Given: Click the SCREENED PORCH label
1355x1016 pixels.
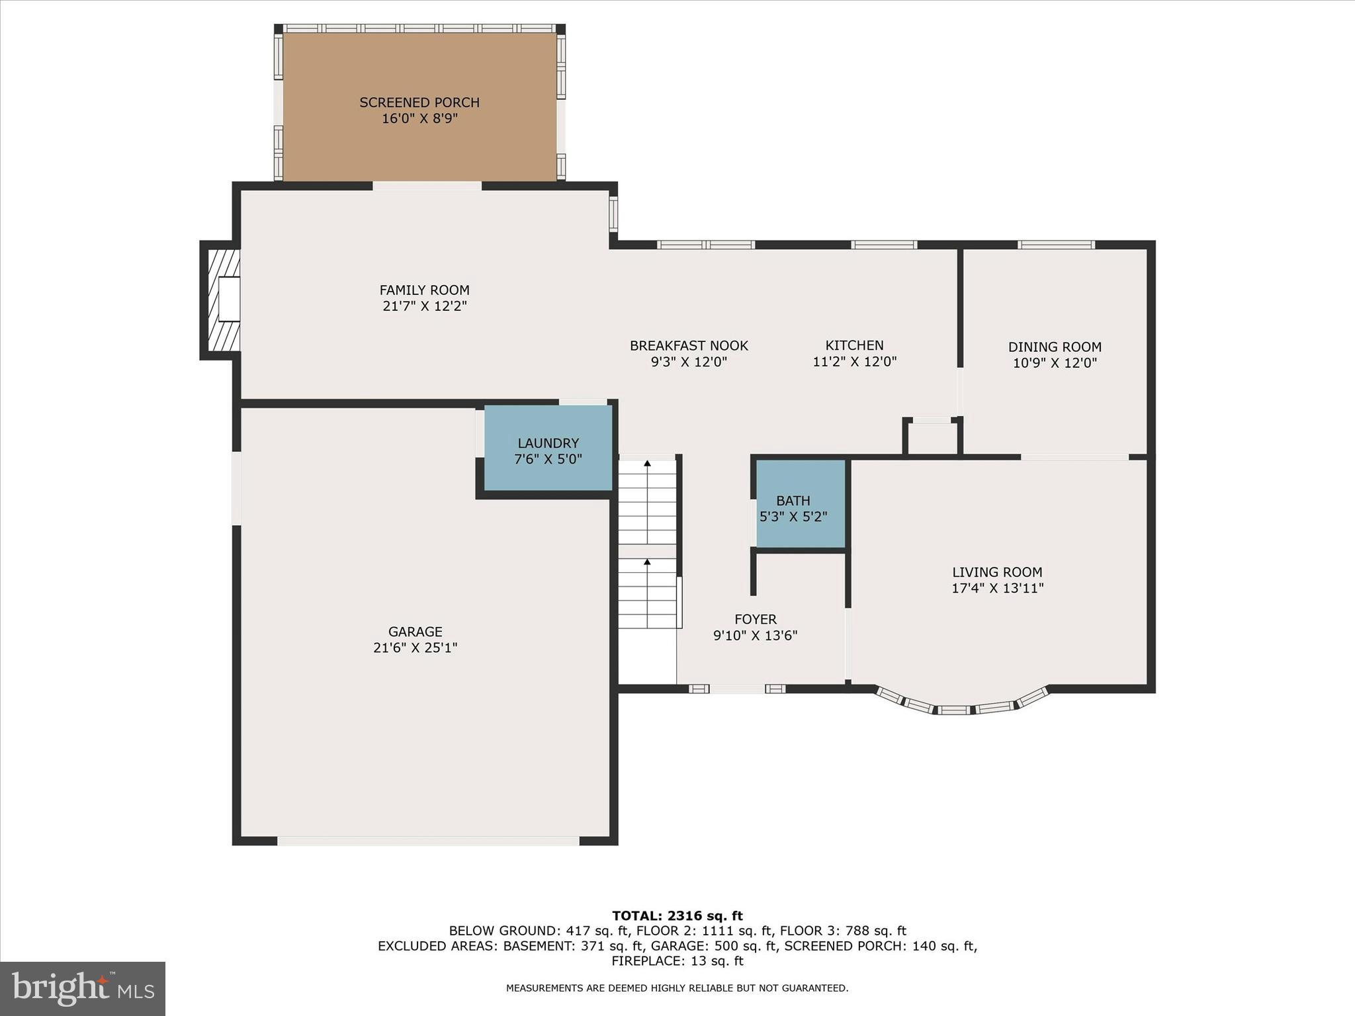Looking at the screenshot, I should pyautogui.click(x=419, y=103).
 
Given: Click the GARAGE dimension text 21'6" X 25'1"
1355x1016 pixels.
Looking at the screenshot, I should pyautogui.click(x=415, y=648).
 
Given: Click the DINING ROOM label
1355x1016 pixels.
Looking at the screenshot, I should pyautogui.click(x=1054, y=347).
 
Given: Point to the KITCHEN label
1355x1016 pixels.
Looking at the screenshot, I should pyautogui.click(x=854, y=345).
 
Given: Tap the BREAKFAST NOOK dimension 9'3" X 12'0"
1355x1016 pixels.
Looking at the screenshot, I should pyautogui.click(x=689, y=362).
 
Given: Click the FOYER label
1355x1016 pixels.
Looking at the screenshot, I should pyautogui.click(x=755, y=619).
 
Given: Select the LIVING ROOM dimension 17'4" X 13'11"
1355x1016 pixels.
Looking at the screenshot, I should pyautogui.click(x=997, y=588).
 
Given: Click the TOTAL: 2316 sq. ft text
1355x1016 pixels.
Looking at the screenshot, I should pyautogui.click(x=677, y=915).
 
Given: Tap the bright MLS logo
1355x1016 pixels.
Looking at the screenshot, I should pyautogui.click(x=82, y=989).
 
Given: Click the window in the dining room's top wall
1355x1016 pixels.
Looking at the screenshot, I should pyautogui.click(x=1056, y=245).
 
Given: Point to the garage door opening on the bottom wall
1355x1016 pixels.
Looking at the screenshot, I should pyautogui.click(x=428, y=841).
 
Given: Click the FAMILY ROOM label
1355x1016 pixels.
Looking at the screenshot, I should pyautogui.click(x=424, y=290).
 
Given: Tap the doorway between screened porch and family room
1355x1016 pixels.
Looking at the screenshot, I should pyautogui.click(x=427, y=186).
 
